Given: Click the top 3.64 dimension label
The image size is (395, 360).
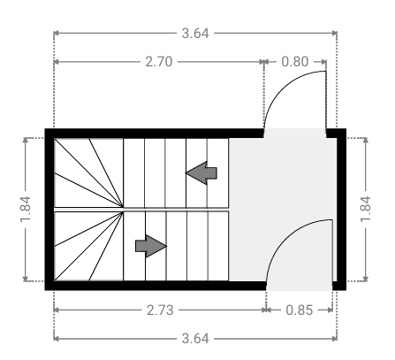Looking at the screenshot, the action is (195, 33).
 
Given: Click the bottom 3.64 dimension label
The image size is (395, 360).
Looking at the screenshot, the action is (195, 339).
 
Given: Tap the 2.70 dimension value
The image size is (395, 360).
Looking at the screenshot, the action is (159, 62).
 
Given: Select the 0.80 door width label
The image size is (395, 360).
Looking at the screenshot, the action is (295, 62).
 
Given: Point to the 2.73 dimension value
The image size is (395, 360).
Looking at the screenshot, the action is (160, 310).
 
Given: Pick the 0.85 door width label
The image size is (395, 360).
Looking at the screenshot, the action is (300, 310).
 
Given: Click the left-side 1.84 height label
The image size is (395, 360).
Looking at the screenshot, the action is (26, 209).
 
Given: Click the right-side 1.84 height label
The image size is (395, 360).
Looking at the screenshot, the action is (366, 209).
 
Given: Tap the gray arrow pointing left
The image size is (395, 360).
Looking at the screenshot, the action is (201, 173).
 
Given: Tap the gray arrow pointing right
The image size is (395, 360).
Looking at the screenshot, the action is (151, 246).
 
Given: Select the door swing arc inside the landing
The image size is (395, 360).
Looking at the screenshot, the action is (285, 236).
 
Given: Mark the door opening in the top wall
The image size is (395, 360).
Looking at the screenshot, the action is (295, 133).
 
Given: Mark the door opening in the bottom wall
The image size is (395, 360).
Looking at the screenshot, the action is (300, 286).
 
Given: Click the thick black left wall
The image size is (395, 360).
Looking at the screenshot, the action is (49, 210).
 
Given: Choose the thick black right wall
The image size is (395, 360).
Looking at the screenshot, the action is (341, 210).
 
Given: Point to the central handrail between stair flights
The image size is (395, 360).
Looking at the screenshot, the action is (141, 210).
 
